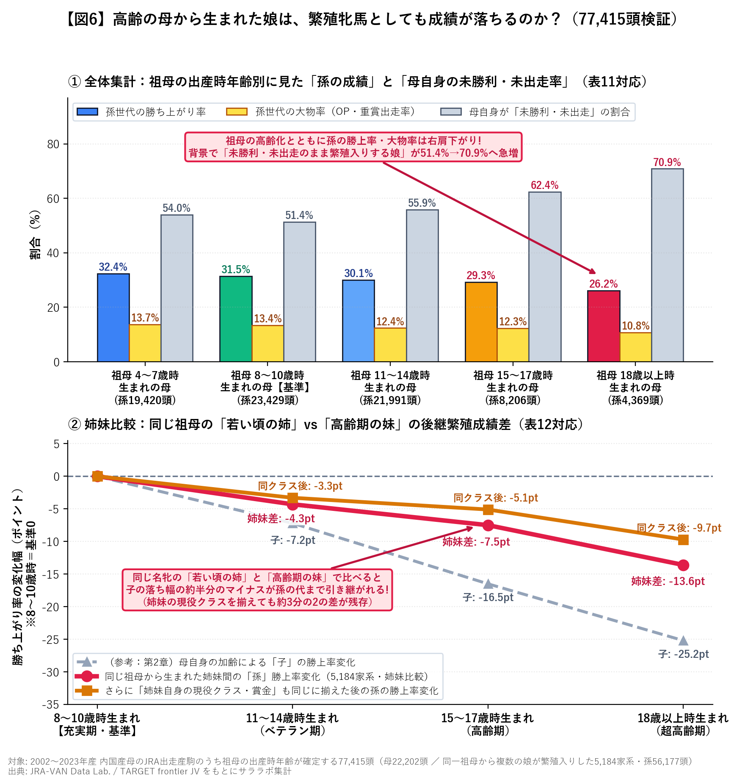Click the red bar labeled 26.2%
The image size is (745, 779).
tap(604, 326)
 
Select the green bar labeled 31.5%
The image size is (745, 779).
tap(236, 319)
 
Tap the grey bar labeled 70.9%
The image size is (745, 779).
tap(667, 265)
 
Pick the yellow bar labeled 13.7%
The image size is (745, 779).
tap(145, 343)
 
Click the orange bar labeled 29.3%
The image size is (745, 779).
tap(481, 322)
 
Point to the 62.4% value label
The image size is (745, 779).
tap(544, 185)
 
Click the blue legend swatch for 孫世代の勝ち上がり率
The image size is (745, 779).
tap(88, 111)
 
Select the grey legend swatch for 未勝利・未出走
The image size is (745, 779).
tap(451, 111)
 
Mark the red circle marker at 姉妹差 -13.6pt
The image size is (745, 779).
tap(683, 565)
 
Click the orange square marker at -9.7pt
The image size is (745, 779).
tap(683, 540)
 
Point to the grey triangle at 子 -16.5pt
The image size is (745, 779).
tap(488, 584)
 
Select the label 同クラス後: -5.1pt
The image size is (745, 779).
tap(496, 498)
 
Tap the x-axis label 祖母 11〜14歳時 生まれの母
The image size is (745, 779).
tap(390, 388)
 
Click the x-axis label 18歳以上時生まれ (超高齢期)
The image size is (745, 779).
tap(683, 724)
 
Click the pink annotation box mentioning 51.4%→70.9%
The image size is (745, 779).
tap(353, 147)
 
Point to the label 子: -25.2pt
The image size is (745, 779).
tap(683, 654)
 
